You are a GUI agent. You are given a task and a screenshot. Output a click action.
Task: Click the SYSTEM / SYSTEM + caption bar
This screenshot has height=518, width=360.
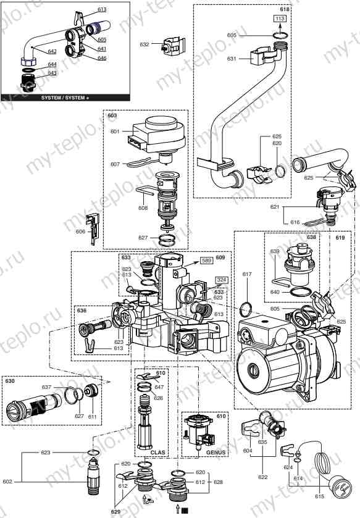point(65,98)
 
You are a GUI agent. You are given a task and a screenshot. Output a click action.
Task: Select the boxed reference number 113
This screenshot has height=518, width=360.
point(280,20)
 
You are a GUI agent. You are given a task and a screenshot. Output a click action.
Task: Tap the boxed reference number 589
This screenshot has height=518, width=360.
point(207,261)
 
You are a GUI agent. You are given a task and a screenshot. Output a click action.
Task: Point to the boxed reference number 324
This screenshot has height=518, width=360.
point(220,280)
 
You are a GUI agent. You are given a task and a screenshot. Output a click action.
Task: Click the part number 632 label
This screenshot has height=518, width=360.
point(144,44)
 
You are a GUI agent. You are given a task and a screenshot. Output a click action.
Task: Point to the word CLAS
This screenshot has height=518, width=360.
point(144,452)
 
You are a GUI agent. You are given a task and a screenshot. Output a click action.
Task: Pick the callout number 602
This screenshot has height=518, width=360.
point(7,482)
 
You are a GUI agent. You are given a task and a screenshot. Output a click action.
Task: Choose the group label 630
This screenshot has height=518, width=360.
point(9,382)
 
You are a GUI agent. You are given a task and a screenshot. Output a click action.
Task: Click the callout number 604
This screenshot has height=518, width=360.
point(247,451)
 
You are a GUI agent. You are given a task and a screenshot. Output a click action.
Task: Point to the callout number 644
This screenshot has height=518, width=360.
point(52,64)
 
